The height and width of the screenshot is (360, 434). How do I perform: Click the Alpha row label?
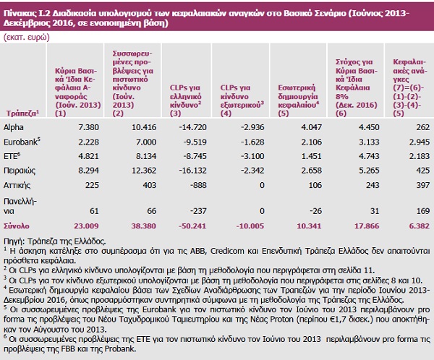click(14, 127)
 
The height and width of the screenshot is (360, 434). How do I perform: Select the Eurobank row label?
click(22, 142)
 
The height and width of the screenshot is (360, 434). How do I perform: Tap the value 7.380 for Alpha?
click(88, 127)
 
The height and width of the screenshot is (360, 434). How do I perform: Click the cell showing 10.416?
click(144, 127)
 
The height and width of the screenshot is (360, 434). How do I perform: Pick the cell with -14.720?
click(192, 127)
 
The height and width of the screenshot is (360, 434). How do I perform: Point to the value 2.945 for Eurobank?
click(420, 142)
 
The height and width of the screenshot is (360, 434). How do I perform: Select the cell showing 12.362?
click(144, 171)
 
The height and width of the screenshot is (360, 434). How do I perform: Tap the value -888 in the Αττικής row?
click(198, 185)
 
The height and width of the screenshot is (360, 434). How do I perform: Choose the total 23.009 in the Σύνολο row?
click(86, 226)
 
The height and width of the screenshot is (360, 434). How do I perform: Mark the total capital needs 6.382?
click(419, 226)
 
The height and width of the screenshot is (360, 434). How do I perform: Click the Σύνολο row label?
click(17, 226)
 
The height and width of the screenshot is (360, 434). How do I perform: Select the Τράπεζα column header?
click(22, 113)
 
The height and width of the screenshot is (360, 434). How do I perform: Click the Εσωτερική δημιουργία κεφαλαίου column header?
click(298, 100)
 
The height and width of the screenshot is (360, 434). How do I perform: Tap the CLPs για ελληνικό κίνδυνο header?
click(185, 100)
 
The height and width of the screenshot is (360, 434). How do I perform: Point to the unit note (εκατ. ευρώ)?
click(26, 38)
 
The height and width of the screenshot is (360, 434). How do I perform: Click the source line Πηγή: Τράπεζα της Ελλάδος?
click(55, 241)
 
